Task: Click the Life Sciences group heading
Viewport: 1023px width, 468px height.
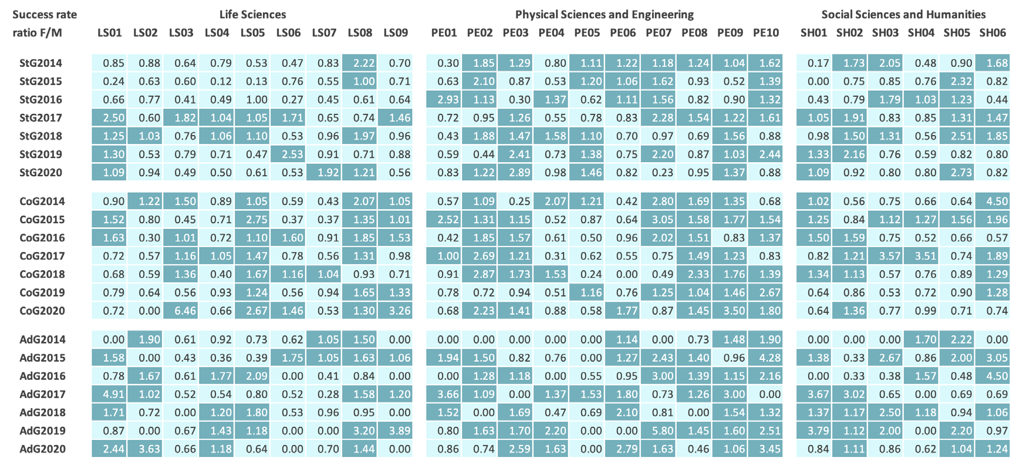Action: [252, 15]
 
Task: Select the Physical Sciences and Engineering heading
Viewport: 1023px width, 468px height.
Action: [604, 15]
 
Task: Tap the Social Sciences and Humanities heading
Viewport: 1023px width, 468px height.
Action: [903, 15]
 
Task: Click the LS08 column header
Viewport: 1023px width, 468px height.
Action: [360, 33]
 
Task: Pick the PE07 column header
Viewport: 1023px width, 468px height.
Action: [658, 33]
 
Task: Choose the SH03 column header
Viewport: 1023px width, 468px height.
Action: [885, 33]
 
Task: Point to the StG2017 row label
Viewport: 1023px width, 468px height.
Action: [40, 118]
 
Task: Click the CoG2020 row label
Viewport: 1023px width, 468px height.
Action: [42, 311]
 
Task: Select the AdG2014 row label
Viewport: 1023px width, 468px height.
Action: [42, 340]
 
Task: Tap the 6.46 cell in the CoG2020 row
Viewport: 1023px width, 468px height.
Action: [181, 311]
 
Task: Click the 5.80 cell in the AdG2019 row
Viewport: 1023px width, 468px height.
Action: [659, 431]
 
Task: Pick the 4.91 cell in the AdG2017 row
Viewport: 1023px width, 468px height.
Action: [110, 395]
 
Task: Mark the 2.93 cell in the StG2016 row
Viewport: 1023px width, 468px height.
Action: [444, 100]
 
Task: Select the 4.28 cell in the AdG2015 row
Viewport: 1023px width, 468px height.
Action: [766, 358]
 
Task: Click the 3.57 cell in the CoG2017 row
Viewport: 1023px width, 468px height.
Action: [885, 257]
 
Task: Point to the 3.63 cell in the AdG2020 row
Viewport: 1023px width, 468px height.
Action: [146, 449]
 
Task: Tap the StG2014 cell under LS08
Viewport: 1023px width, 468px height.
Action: [360, 63]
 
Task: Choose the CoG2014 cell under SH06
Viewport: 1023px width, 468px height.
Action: [992, 201]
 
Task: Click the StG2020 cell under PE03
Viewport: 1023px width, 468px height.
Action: [515, 173]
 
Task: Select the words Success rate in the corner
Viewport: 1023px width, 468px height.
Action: [45, 15]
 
